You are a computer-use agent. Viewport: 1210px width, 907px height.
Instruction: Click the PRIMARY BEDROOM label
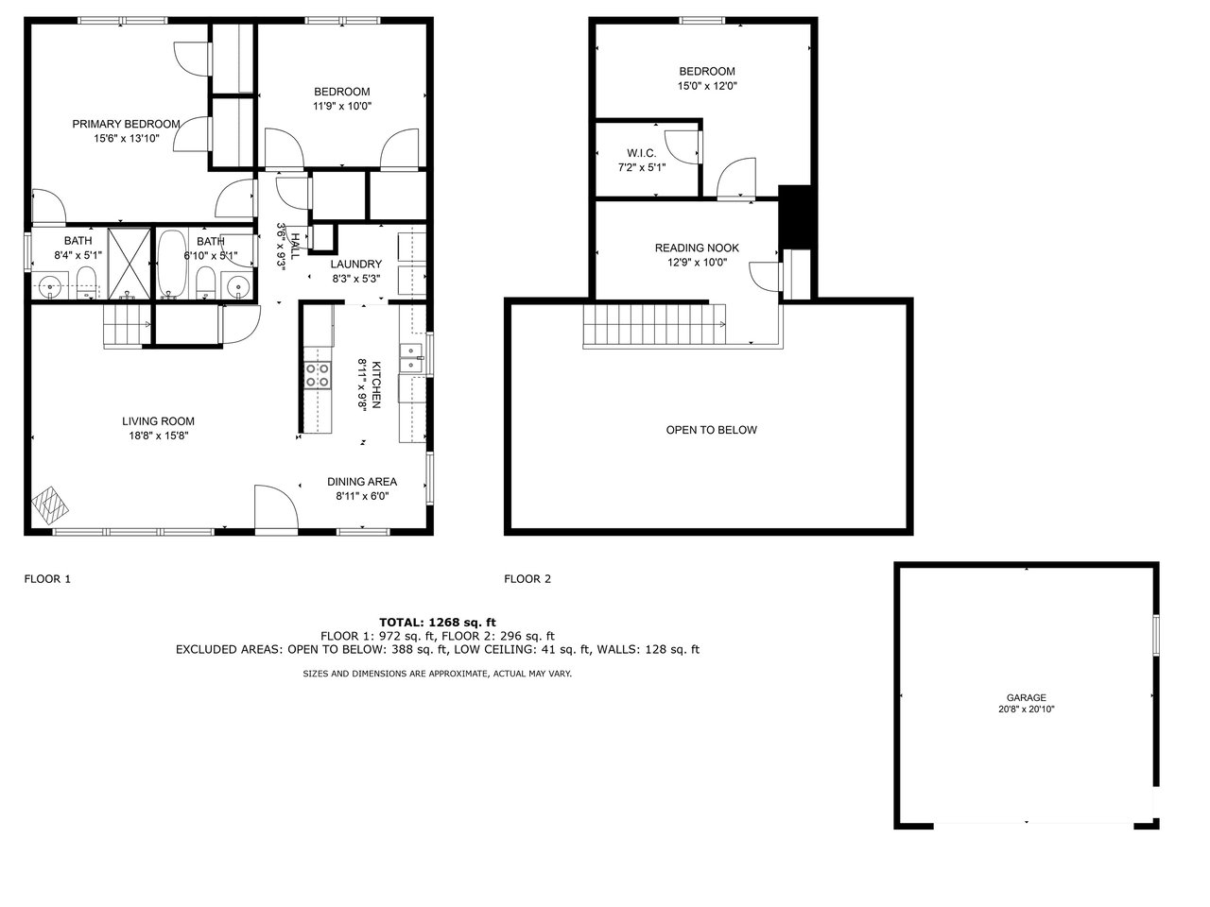pyautogui.click(x=127, y=125)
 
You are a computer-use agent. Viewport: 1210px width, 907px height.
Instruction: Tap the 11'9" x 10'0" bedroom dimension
pyautogui.click(x=342, y=106)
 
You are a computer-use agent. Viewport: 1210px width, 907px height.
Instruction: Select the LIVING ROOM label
pyautogui.click(x=158, y=421)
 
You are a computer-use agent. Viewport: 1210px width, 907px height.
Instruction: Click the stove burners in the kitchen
pyautogui.click(x=318, y=375)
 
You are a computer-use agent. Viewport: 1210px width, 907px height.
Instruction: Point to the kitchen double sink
pyautogui.click(x=411, y=358)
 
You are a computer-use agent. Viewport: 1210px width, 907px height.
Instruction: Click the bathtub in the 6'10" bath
pyautogui.click(x=172, y=264)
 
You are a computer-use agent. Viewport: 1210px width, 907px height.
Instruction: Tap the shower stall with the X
pyautogui.click(x=129, y=264)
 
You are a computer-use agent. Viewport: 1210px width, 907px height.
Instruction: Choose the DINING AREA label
pyautogui.click(x=362, y=482)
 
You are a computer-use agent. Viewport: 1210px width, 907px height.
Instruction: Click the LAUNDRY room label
pyautogui.click(x=356, y=265)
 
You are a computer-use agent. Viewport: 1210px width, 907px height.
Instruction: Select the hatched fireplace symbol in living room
pyautogui.click(x=50, y=504)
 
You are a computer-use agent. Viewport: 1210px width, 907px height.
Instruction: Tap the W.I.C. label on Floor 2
pyautogui.click(x=642, y=153)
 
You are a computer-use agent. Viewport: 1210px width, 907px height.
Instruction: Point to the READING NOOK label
pyautogui.click(x=697, y=248)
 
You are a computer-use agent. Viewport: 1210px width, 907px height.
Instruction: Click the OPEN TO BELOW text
pyautogui.click(x=712, y=430)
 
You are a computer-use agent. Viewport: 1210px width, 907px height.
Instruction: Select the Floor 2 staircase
pyautogui.click(x=655, y=325)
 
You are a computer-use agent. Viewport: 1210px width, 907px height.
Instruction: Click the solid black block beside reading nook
pyautogui.click(x=794, y=216)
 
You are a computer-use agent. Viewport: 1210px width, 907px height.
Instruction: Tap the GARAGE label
pyautogui.click(x=1026, y=697)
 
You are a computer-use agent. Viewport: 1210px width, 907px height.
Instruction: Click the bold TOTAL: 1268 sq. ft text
pyautogui.click(x=438, y=623)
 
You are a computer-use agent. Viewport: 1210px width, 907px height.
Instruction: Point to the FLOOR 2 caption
pyautogui.click(x=527, y=579)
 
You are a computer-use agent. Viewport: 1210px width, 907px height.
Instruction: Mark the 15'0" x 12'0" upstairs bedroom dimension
pyautogui.click(x=707, y=86)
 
